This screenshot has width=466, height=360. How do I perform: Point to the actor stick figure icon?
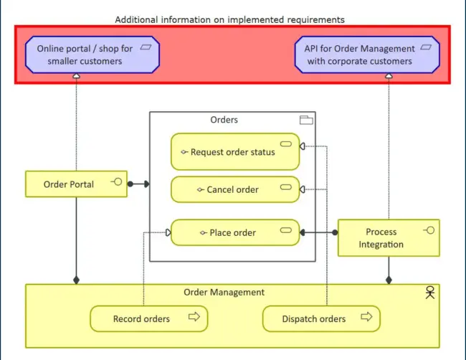429,292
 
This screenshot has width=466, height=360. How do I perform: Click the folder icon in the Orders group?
306,120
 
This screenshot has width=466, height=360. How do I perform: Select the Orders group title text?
224,120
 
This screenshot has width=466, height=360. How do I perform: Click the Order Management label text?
224,292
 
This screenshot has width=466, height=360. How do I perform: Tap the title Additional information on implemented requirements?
229,19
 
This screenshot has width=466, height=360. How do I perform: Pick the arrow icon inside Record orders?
194,317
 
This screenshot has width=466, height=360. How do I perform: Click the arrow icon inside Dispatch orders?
366,317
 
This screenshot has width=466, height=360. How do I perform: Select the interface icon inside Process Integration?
429,229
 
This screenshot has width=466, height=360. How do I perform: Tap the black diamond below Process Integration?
389,280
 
